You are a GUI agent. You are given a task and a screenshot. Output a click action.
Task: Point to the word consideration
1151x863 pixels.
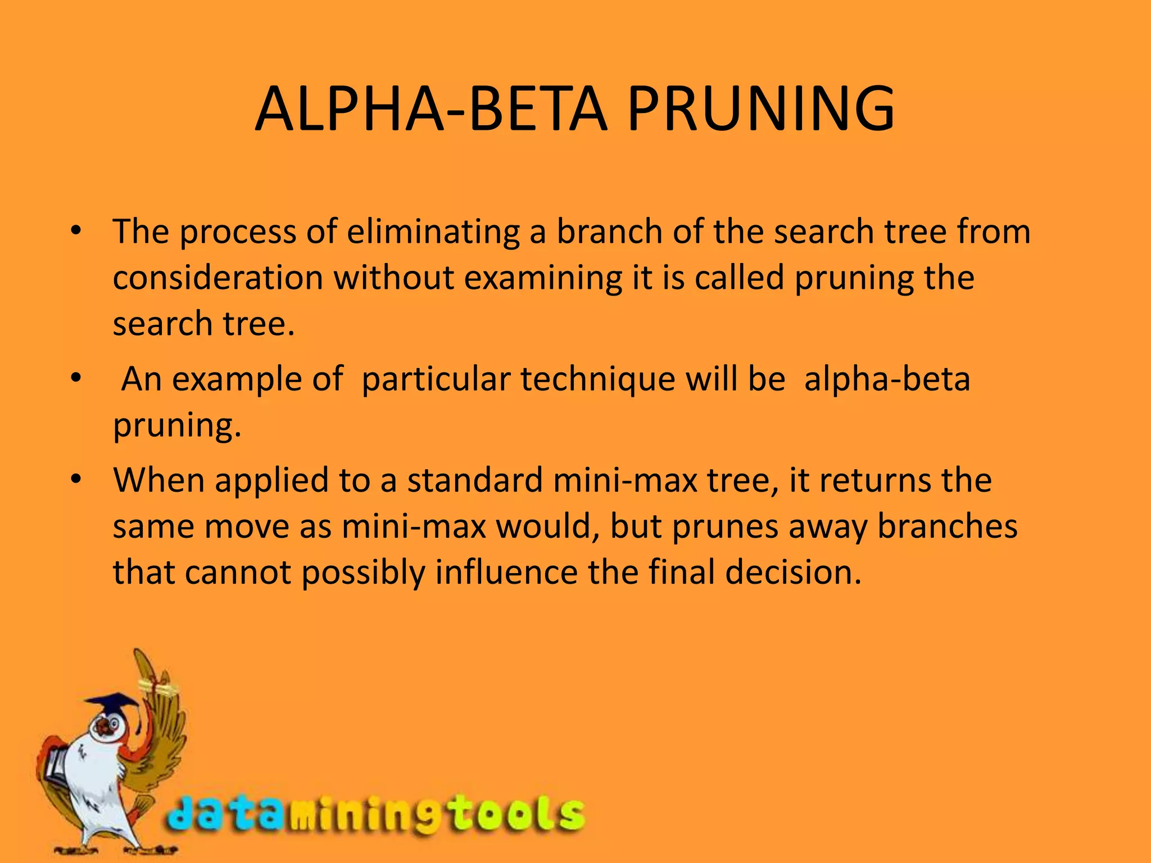(x=218, y=278)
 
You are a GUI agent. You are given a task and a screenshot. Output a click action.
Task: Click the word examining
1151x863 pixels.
(x=543, y=279)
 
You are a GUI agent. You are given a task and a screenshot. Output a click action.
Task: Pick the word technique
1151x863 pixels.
(x=597, y=380)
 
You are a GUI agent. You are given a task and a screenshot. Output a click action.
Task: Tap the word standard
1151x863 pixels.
(x=475, y=481)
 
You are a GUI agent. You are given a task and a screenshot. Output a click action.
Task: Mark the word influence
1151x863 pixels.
(x=506, y=573)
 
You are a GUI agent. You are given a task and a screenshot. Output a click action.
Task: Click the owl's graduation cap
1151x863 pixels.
(x=112, y=705)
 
